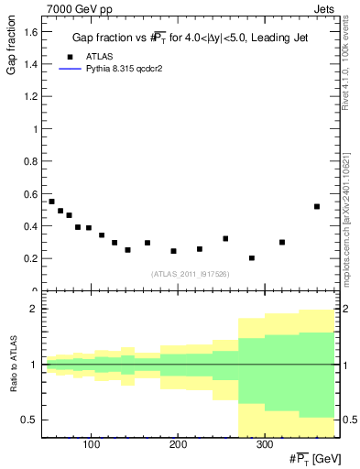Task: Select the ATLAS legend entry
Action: tap(86, 56)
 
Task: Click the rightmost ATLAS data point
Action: tap(317, 206)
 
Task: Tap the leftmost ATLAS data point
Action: tap(51, 202)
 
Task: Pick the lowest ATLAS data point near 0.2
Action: tap(252, 258)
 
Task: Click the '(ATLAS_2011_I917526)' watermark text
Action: tap(190, 273)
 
